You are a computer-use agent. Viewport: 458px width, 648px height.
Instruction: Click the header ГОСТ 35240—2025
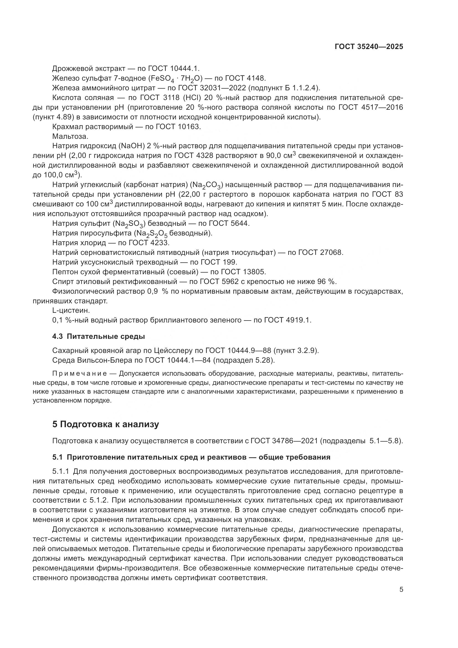click(369, 47)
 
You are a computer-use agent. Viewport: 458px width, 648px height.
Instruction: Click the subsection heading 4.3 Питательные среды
click(98, 336)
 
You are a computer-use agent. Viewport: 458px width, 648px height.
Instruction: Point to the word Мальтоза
click(70, 136)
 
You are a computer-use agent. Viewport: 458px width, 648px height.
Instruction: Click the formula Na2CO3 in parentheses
click(207, 185)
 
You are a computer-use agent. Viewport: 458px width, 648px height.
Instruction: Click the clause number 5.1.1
click(61, 471)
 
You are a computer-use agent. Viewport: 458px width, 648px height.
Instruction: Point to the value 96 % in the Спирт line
click(328, 281)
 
